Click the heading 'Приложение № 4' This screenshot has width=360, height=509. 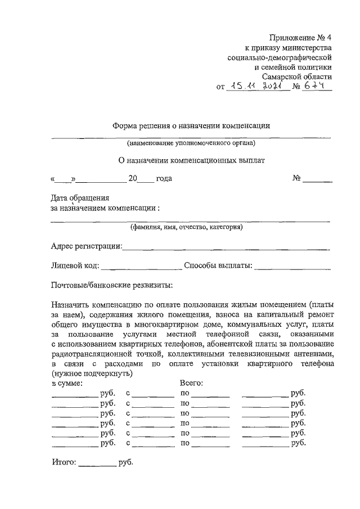(301, 38)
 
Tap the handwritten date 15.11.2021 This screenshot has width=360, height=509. (257, 87)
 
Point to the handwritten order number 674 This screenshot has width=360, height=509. (316, 87)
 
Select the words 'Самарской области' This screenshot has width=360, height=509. (297, 76)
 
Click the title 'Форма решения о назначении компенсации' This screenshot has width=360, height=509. (191, 126)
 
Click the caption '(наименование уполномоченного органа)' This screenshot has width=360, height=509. (191, 142)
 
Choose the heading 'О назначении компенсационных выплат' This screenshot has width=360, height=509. (191, 160)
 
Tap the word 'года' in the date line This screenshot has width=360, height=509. (164, 179)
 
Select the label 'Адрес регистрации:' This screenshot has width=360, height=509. (86, 246)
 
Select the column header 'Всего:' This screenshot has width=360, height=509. (191, 383)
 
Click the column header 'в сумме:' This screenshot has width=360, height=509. (67, 383)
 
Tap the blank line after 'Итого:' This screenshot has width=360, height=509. (97, 465)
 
